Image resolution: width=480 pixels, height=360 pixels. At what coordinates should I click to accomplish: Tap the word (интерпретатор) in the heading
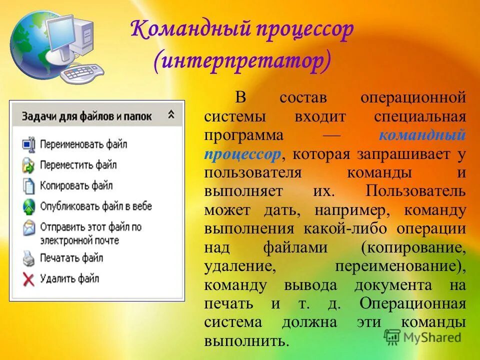pos(243,62)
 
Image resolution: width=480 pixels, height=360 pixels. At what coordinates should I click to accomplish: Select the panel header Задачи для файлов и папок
pos(86,115)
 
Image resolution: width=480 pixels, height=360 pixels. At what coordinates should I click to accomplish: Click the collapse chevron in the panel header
pos(171,115)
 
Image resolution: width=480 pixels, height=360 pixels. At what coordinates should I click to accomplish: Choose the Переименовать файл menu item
pos(83,144)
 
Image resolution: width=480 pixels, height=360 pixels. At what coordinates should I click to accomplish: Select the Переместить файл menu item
pos(78,164)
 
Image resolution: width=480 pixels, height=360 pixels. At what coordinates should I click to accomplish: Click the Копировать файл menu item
pos(76,185)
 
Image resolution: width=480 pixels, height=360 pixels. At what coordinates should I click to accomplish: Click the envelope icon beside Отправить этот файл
pos(29,228)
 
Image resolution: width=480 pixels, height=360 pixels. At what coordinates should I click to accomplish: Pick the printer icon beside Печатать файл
pos(29,258)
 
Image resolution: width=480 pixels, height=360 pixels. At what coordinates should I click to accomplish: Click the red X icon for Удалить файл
pos(29,278)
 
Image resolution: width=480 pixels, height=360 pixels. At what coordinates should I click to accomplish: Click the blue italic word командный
pos(422,135)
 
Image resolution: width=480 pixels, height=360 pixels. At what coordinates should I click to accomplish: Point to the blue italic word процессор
pos(242,154)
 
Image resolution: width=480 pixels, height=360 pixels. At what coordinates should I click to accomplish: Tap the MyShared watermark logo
pos(422,337)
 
